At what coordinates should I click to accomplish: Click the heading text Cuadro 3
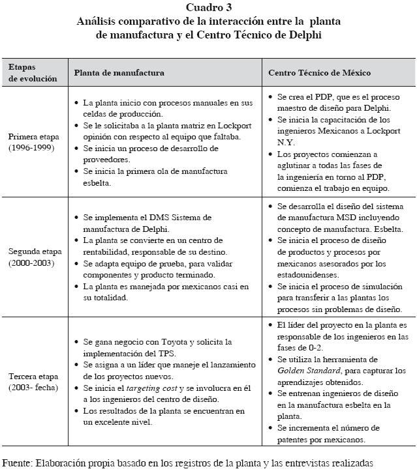point(208,8)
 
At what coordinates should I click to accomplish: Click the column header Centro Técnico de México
point(320,72)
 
